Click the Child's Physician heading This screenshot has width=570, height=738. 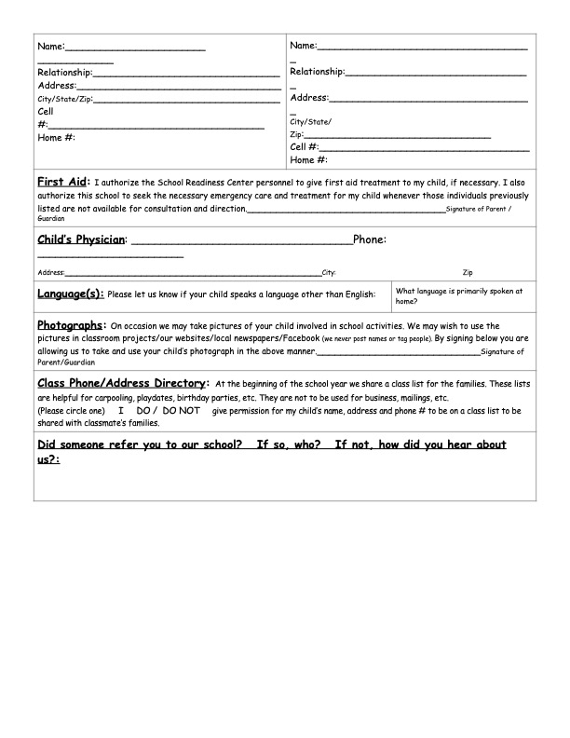pyautogui.click(x=81, y=239)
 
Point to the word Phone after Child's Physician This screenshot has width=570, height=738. pyautogui.click(x=370, y=239)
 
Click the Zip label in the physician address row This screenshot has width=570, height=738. pyautogui.click(x=467, y=273)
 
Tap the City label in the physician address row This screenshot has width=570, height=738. pyautogui.click(x=328, y=273)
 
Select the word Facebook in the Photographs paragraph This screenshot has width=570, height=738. pyautogui.click(x=298, y=338)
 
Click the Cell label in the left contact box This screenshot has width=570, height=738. pyautogui.click(x=46, y=111)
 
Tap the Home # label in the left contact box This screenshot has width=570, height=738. pyautogui.click(x=56, y=137)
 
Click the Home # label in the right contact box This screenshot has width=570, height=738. pyautogui.click(x=309, y=159)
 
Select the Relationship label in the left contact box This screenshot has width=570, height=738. pyautogui.click(x=64, y=72)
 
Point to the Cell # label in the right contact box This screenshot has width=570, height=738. pyautogui.click(x=305, y=146)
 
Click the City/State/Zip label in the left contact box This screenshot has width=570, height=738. pyautogui.click(x=64, y=98)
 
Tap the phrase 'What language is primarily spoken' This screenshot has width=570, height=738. pyautogui.click(x=459, y=291)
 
